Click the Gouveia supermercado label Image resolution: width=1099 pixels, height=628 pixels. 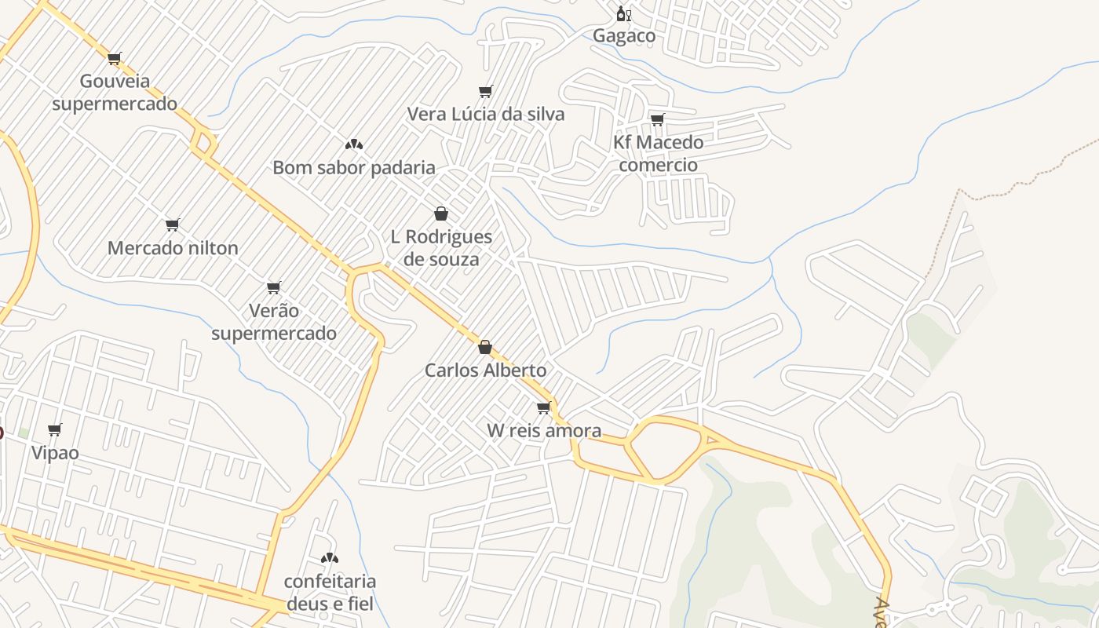115,92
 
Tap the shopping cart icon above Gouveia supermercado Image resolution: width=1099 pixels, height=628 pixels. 115,58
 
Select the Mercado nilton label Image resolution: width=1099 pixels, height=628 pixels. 173,248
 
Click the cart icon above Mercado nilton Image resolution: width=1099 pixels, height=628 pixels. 173,225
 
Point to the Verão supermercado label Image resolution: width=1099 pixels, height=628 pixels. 274,322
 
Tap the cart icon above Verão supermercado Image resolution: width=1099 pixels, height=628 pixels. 274,288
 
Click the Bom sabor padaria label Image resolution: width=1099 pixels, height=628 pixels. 354,167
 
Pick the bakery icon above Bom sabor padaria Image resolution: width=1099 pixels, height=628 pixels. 354,144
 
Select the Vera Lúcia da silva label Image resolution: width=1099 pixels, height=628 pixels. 486,114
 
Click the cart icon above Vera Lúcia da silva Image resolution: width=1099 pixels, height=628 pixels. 486,92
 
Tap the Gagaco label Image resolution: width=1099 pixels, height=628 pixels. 624,35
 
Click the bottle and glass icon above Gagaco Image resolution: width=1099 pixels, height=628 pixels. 624,13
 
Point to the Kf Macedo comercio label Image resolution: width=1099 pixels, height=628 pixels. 658,153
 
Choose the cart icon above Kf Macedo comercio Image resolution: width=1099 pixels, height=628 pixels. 658,120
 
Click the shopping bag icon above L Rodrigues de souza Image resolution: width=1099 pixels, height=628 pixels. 441,214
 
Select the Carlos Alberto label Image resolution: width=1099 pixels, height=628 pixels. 486,370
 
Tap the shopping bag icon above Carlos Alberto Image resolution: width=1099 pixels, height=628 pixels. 485,347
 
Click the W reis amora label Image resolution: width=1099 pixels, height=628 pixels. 544,430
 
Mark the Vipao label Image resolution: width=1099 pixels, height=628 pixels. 55,452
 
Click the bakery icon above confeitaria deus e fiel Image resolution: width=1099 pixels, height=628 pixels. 330,558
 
